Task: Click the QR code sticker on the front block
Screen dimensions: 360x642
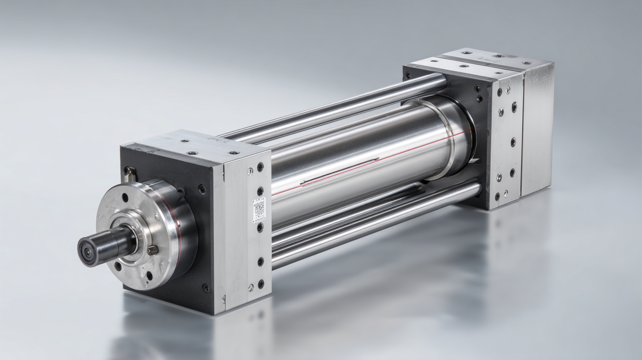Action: (x=259, y=209)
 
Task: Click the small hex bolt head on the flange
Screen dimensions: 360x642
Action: (x=153, y=250)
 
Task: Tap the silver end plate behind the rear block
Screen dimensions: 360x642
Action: (x=537, y=128)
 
